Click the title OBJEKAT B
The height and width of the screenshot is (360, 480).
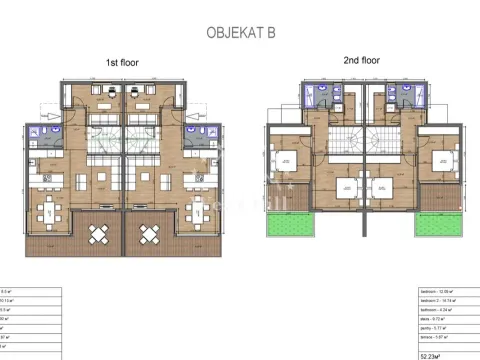click(x=240, y=32)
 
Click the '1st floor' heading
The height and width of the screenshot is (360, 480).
click(x=123, y=63)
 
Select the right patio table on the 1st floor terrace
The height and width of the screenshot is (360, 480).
click(x=149, y=235)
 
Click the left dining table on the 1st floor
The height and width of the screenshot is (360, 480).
click(x=46, y=211)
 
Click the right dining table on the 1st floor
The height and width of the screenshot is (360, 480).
click(x=201, y=211)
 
